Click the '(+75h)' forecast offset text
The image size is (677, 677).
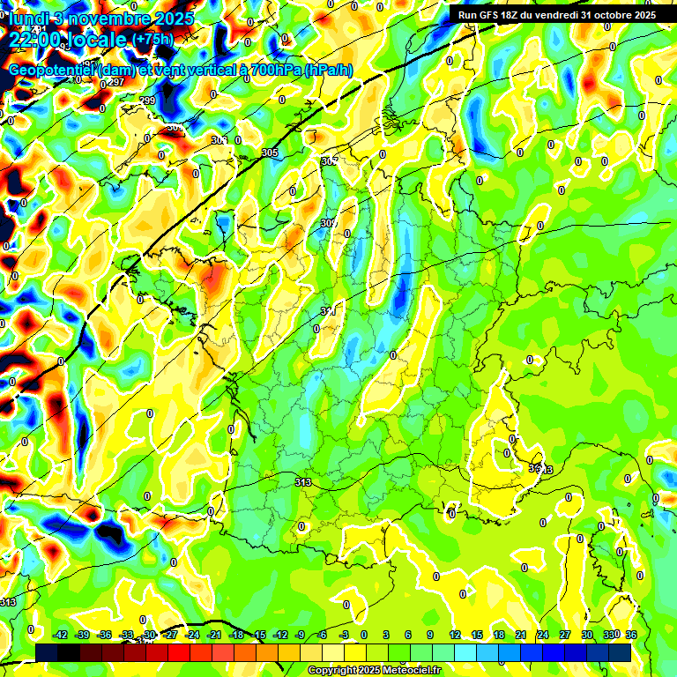[152, 40]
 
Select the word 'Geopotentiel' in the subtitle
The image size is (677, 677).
[52, 71]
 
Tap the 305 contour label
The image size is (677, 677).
[270, 153]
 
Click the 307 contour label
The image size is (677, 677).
[330, 161]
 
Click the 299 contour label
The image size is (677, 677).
[147, 100]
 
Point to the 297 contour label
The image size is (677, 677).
[115, 82]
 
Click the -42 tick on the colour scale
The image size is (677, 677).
[61, 635]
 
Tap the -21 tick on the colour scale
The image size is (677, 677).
[214, 635]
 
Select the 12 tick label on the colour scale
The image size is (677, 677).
[455, 635]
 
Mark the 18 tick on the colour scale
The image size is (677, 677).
[499, 635]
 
